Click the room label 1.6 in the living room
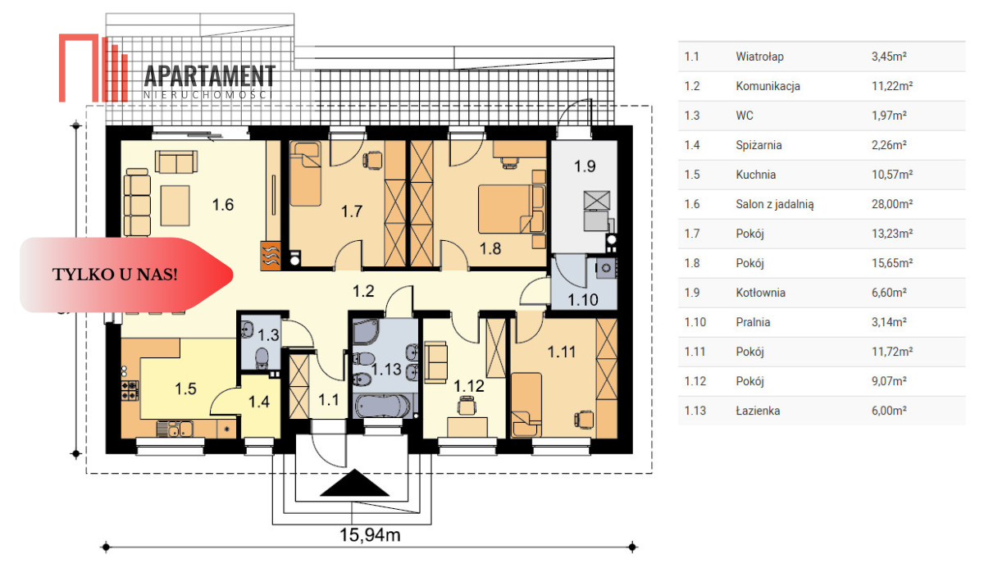pyautogui.click(x=223, y=205)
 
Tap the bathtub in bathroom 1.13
pyautogui.click(x=381, y=406)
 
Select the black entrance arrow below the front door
pyautogui.click(x=354, y=483)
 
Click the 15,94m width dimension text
pyautogui.click(x=370, y=534)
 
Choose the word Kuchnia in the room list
pyautogui.click(x=755, y=175)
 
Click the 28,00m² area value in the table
pyautogui.click(x=892, y=204)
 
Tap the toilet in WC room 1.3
pyautogui.click(x=262, y=357)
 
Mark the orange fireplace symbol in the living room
pyautogui.click(x=271, y=256)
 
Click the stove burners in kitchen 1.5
pyautogui.click(x=130, y=391)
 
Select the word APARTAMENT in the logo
pyautogui.click(x=210, y=76)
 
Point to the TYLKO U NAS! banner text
pyautogui.click(x=115, y=275)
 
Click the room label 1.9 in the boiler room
pyautogui.click(x=585, y=166)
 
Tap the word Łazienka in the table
pyautogui.click(x=758, y=411)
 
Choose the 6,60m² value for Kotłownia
pyautogui.click(x=889, y=293)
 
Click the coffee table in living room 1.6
pyautogui.click(x=175, y=206)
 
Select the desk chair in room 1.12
pyautogui.click(x=466, y=405)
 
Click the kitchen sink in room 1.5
pyautogui.click(x=175, y=429)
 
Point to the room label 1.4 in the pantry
pyautogui.click(x=259, y=402)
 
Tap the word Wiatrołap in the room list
pyautogui.click(x=759, y=57)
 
